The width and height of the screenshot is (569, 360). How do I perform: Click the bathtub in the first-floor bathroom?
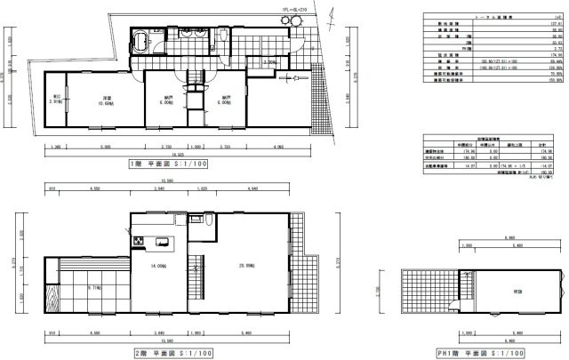141,42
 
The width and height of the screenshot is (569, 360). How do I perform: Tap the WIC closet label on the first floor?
56,100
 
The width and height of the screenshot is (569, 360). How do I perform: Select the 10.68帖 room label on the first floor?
105,99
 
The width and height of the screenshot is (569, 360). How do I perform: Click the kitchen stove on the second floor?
139,244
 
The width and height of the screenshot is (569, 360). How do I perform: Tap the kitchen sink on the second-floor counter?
163,243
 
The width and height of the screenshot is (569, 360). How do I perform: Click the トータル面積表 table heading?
480,17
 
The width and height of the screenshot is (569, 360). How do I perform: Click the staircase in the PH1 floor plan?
431,291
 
